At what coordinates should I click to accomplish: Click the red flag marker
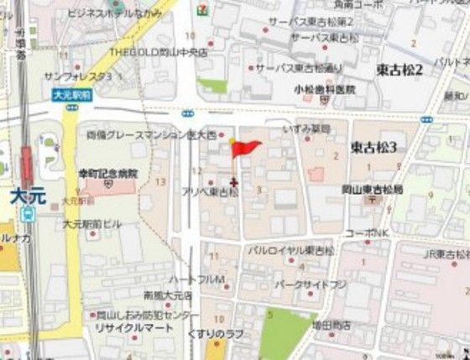click(246, 149)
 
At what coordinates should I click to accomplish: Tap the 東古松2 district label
click(399, 69)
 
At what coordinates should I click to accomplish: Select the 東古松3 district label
click(374, 146)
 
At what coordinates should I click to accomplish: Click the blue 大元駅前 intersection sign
click(71, 96)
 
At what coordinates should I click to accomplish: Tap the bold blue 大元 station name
click(29, 196)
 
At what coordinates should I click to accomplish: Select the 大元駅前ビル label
click(91, 224)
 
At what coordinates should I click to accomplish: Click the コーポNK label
click(366, 232)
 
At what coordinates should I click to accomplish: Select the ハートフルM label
click(196, 278)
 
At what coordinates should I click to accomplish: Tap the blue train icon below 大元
click(28, 213)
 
